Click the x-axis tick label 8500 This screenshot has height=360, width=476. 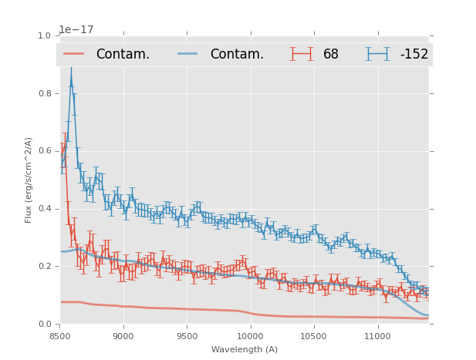point(59,336)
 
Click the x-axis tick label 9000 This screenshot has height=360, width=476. point(123,336)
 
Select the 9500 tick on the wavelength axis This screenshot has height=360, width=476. point(187,336)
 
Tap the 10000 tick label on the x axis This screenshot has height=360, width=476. point(250,336)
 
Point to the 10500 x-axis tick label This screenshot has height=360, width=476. point(313,336)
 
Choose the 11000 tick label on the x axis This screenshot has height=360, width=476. point(377,336)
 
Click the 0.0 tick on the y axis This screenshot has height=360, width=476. point(44,325)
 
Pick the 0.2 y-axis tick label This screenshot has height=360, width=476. point(44,267)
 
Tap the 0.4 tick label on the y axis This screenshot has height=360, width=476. point(44,209)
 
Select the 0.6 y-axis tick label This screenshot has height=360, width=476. point(44,151)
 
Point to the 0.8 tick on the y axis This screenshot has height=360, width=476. point(44,93)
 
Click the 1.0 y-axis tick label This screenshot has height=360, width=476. point(44,36)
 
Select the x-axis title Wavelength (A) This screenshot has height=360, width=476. point(244,350)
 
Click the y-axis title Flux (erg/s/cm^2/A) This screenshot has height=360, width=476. point(29,180)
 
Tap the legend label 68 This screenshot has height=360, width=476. point(331,55)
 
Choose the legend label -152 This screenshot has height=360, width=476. point(414,55)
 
